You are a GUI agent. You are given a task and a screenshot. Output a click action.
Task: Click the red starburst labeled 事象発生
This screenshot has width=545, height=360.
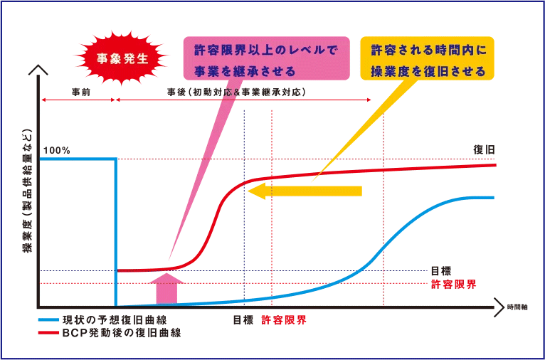tap(122, 59)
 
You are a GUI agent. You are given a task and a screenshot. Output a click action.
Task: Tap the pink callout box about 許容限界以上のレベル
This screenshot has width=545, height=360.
tap(266, 58)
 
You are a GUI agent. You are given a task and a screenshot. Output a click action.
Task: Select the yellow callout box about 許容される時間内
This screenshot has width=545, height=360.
tap(427, 58)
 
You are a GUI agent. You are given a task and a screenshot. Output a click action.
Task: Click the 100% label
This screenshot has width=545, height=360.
tap(57, 150)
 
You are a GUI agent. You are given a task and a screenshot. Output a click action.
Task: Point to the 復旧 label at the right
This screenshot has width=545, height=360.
tap(484, 150)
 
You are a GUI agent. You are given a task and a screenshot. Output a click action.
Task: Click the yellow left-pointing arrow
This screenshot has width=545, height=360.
tap(305, 191)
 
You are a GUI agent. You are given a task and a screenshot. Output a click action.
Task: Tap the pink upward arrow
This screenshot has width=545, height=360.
tap(166, 288)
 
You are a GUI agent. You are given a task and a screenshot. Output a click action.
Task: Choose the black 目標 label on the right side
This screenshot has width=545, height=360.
tap(440, 271)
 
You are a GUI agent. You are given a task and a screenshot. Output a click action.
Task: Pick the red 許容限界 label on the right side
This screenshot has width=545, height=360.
tap(454, 285)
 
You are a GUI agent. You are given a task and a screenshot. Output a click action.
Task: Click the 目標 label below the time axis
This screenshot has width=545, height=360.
tap(243, 320)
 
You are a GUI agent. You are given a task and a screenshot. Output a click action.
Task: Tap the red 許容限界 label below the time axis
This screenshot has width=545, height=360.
tap(284, 320)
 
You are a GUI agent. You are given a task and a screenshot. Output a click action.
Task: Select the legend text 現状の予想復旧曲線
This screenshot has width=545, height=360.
tap(117, 319)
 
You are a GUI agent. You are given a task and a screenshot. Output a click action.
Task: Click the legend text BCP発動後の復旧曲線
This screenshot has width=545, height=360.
tap(122, 333)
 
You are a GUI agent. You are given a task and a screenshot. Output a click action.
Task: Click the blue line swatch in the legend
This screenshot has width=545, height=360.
tap(48, 319)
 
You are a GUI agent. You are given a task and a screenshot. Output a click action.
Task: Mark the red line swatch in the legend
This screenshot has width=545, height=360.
tap(48, 333)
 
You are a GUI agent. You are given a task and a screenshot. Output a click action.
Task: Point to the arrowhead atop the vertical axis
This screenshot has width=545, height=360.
tap(41, 69)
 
